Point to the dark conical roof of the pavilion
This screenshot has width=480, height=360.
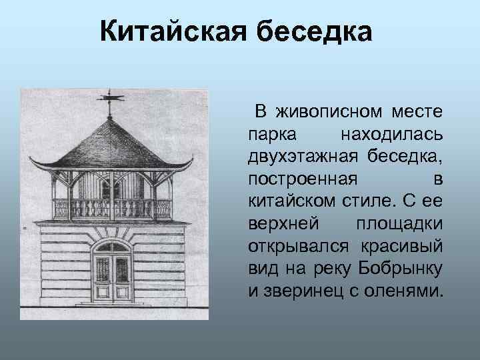pyautogui.click(x=111, y=143)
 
